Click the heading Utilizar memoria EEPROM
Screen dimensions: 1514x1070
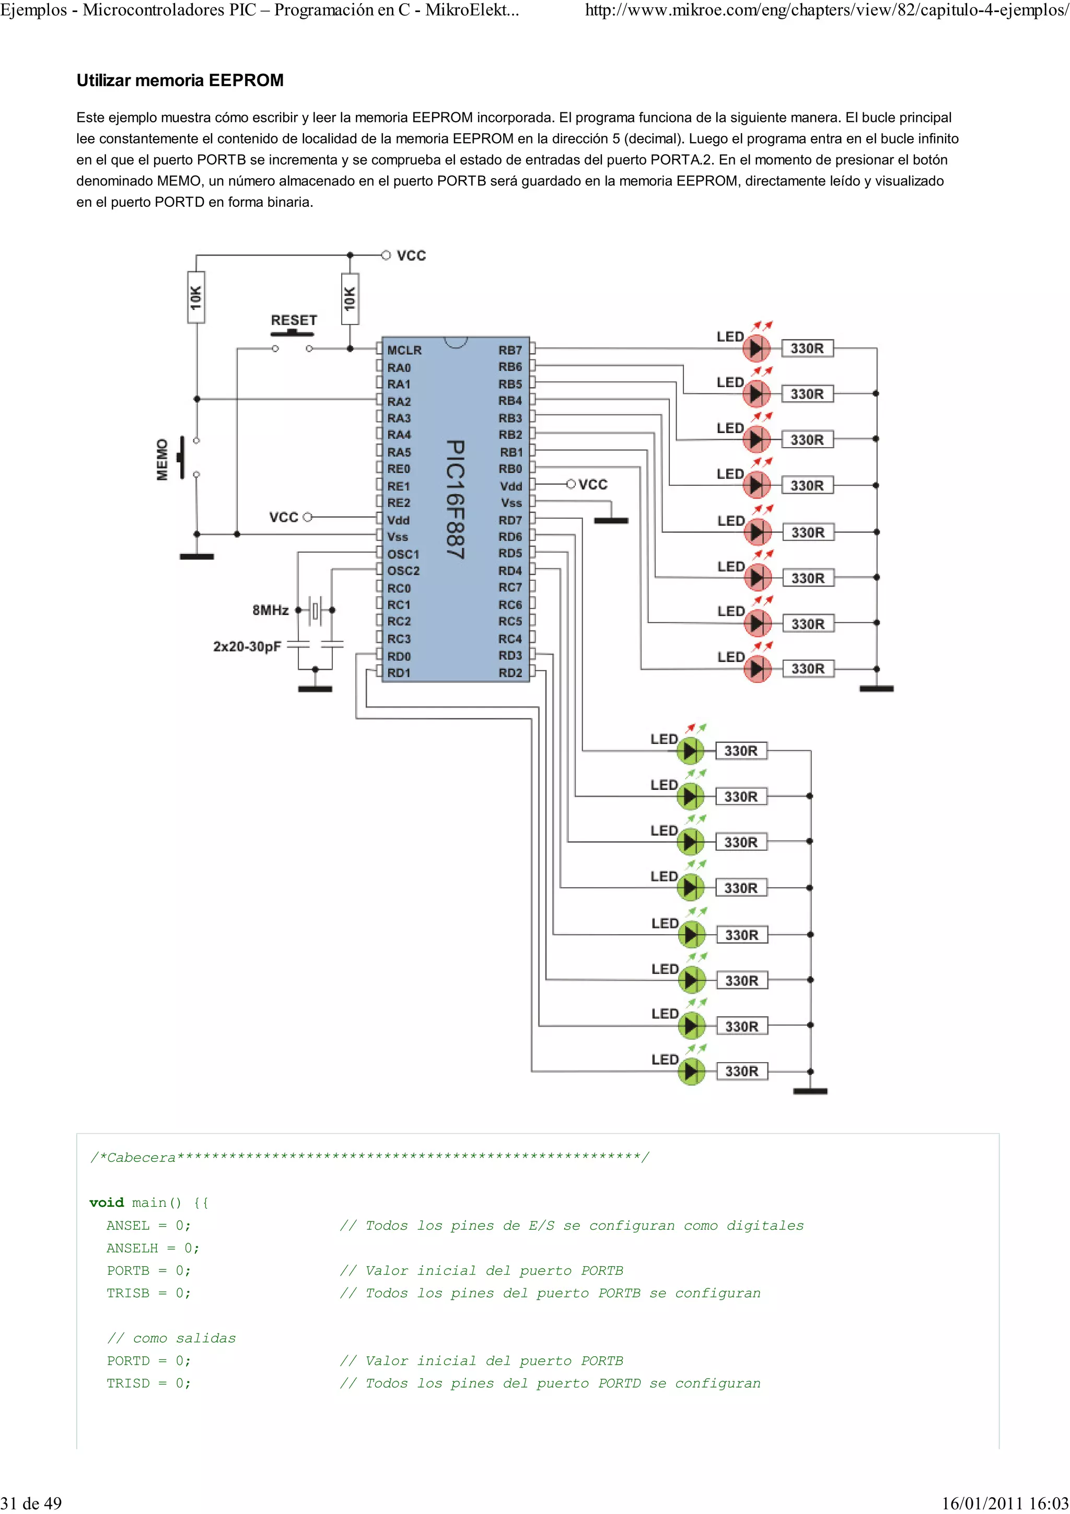[x=180, y=80]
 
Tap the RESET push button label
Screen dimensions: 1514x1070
[x=294, y=320]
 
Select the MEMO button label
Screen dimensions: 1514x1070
[x=162, y=460]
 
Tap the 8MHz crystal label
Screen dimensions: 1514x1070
[x=270, y=610]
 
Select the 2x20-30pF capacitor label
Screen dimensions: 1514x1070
[x=247, y=646]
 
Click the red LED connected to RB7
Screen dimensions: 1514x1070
[x=756, y=348]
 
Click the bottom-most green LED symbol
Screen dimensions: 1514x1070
[x=691, y=1072]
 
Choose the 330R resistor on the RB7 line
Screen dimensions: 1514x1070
[x=807, y=348]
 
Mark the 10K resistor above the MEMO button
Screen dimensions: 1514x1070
[x=196, y=297]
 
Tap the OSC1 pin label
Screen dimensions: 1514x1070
[x=403, y=554]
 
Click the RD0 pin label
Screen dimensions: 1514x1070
[x=398, y=656]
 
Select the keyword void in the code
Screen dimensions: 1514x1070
[x=106, y=1203]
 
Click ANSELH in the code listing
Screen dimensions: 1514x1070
[x=133, y=1248]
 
